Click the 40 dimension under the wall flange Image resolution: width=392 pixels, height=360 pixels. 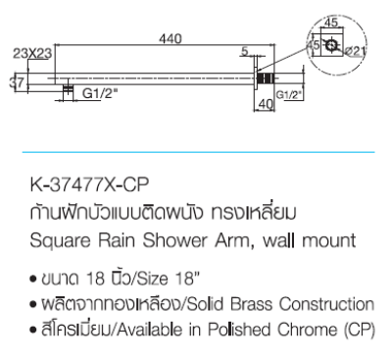pyautogui.click(x=265, y=101)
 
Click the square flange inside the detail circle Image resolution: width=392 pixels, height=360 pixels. pyautogui.click(x=333, y=44)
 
